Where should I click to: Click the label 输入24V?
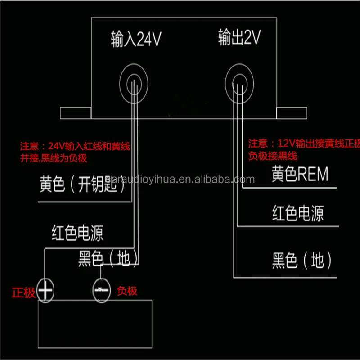[136, 40]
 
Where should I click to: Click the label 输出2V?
[239, 38]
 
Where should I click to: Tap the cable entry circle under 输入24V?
[133, 82]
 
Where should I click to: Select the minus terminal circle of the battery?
[101, 290]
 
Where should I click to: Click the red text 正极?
[23, 292]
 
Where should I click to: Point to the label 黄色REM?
[300, 174]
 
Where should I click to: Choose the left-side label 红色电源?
[77, 233]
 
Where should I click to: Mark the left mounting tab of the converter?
[76, 113]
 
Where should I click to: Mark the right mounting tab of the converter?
[292, 113]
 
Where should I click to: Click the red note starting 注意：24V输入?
[75, 147]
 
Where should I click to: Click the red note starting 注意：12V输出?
[304, 144]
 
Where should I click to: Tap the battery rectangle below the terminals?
[94, 324]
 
